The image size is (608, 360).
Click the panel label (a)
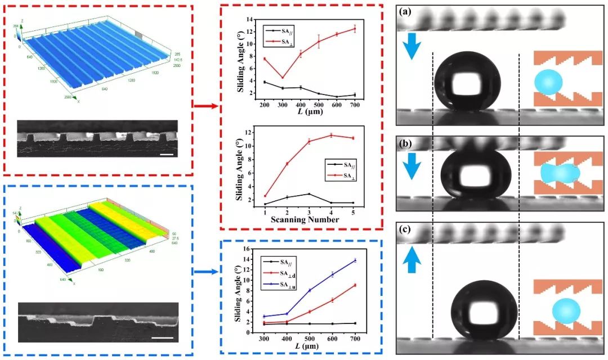coord(408,11)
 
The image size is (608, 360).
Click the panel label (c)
coord(408,230)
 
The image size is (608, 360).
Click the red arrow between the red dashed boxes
coord(205,105)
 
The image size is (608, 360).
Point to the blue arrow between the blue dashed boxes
coord(205,271)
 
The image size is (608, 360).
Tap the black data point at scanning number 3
coord(309,194)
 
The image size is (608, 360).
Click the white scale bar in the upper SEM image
coord(169,154)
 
